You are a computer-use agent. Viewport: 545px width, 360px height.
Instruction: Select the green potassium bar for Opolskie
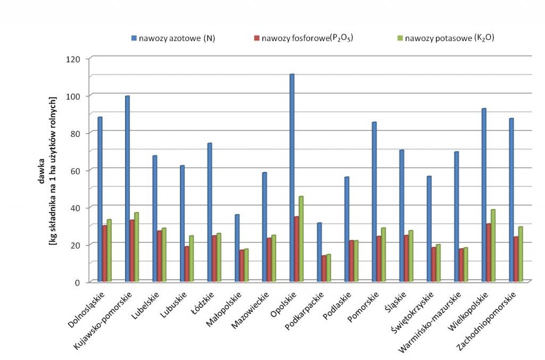[x=301, y=239]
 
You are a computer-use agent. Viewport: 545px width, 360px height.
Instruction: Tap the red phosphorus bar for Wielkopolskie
[x=489, y=252]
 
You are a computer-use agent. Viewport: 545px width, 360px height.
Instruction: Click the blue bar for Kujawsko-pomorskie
[x=127, y=189]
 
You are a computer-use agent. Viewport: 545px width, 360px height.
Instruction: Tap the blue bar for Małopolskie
[x=237, y=248]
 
